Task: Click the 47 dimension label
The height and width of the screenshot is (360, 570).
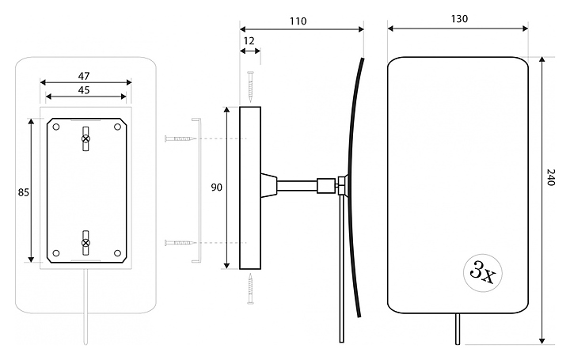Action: [84, 76]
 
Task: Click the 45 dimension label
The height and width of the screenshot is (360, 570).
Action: [84, 90]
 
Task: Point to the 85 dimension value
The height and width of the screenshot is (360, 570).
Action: [24, 191]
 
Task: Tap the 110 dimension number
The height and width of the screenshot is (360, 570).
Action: [298, 21]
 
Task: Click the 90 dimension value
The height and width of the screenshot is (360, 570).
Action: [216, 188]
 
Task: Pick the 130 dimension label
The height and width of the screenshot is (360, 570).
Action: [458, 19]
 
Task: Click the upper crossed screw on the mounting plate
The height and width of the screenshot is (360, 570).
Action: [86, 139]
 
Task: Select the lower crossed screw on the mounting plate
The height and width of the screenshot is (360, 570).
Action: [86, 242]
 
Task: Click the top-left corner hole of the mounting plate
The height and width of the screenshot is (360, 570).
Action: [55, 127]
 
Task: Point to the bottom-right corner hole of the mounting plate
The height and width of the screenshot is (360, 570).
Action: [117, 253]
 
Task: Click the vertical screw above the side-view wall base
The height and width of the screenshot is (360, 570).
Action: [250, 86]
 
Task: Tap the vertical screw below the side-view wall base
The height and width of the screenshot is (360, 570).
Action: [250, 289]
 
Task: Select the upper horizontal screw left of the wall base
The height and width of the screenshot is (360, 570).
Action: [180, 138]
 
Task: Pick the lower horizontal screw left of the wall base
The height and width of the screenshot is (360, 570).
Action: [180, 242]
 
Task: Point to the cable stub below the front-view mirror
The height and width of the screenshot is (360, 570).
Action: [457, 328]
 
